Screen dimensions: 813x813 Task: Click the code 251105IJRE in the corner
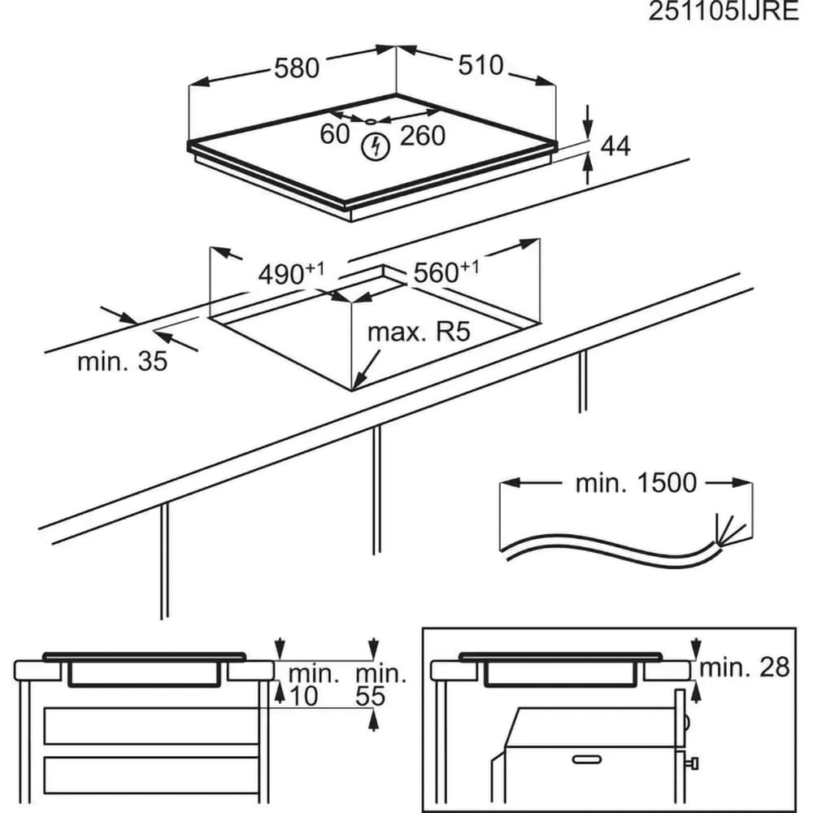pyautogui.click(x=724, y=14)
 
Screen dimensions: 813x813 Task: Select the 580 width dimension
pyautogui.click(x=296, y=68)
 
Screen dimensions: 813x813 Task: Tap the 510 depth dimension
pyautogui.click(x=480, y=65)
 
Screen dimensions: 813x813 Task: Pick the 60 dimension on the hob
pyautogui.click(x=334, y=134)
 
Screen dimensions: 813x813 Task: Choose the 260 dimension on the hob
pyautogui.click(x=424, y=135)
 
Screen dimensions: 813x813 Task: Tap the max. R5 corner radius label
pyautogui.click(x=420, y=333)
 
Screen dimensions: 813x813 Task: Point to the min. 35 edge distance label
pyautogui.click(x=122, y=361)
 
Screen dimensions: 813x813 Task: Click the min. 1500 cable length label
pyautogui.click(x=636, y=483)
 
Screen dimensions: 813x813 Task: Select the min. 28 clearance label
pyautogui.click(x=745, y=667)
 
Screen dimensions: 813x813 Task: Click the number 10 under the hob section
pyautogui.click(x=301, y=696)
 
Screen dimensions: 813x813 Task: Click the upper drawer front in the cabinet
pyautogui.click(x=150, y=725)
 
